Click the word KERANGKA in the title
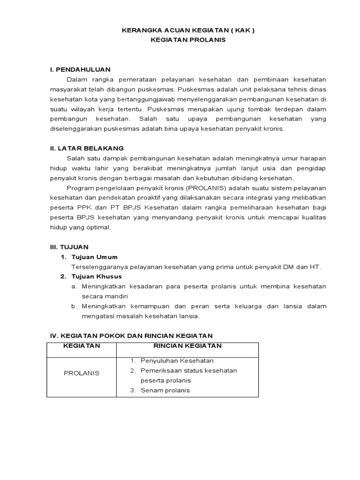click(x=138, y=30)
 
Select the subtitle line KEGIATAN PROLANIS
click(x=188, y=40)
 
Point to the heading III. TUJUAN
click(x=69, y=247)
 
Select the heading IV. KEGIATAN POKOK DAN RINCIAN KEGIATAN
click(x=131, y=336)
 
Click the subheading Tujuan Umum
click(x=94, y=257)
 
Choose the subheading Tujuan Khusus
click(x=96, y=277)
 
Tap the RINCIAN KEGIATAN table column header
click(x=188, y=346)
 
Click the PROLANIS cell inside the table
click(x=82, y=373)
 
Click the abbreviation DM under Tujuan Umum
click(x=288, y=267)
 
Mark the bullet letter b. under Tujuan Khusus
click(x=74, y=306)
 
